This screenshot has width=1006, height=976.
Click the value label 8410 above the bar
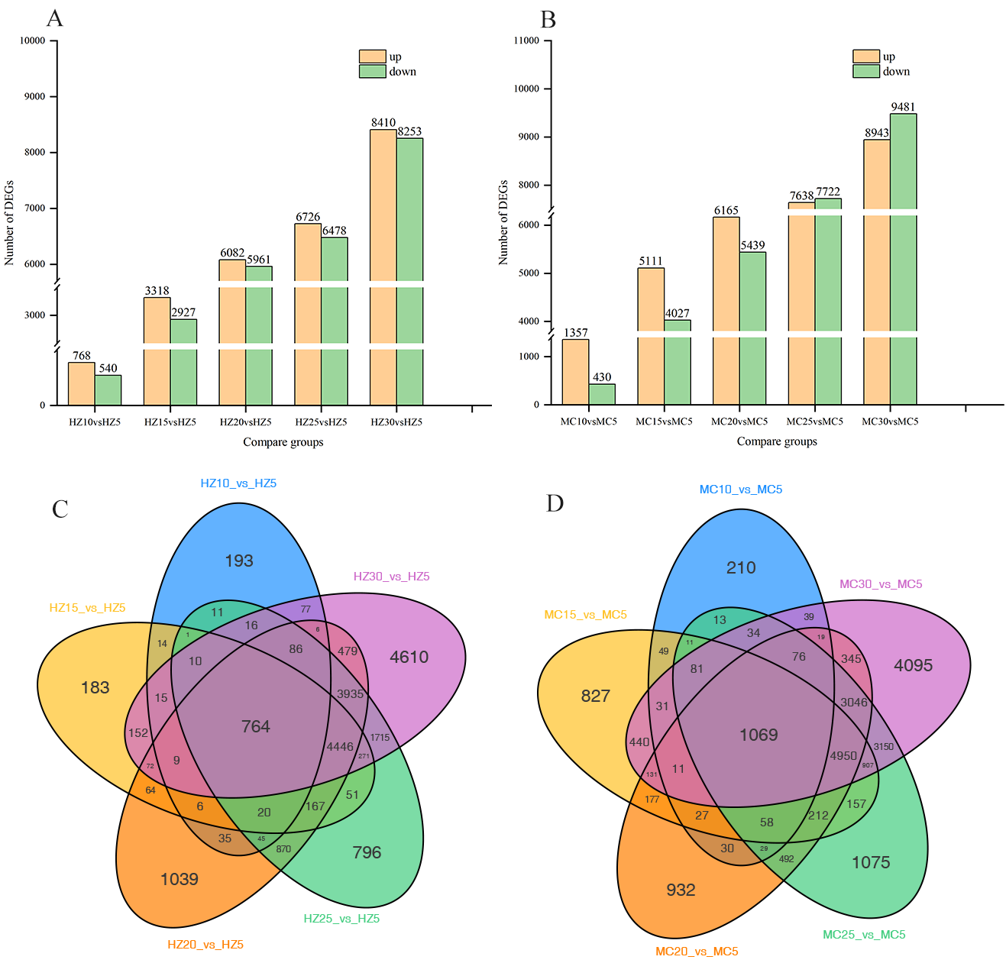pos(383,123)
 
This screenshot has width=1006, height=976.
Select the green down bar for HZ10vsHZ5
pos(108,389)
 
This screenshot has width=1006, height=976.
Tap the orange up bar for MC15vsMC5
pos(651,336)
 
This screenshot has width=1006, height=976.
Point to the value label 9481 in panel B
pos(903,108)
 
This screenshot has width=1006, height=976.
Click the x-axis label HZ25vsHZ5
pos(321,422)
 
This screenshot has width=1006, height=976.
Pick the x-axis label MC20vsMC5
pos(739,422)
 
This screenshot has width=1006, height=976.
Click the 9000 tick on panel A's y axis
pos(35,97)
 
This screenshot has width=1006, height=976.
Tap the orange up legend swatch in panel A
pos(372,57)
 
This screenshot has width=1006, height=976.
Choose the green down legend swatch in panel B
pos(866,71)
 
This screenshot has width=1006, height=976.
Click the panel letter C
pos(60,509)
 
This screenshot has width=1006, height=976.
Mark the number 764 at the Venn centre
pos(256,727)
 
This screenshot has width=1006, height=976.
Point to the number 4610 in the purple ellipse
pos(409,657)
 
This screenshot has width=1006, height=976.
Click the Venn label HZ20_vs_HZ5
pos(205,945)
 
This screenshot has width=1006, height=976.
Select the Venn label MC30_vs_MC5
pos(881,584)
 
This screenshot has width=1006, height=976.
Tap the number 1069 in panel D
pos(759,735)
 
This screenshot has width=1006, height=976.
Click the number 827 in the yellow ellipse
pos(595,696)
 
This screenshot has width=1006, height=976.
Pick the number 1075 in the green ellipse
pos(871,863)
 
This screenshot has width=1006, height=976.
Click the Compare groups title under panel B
pos(777,441)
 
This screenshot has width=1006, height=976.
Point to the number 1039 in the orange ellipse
pos(180,880)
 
